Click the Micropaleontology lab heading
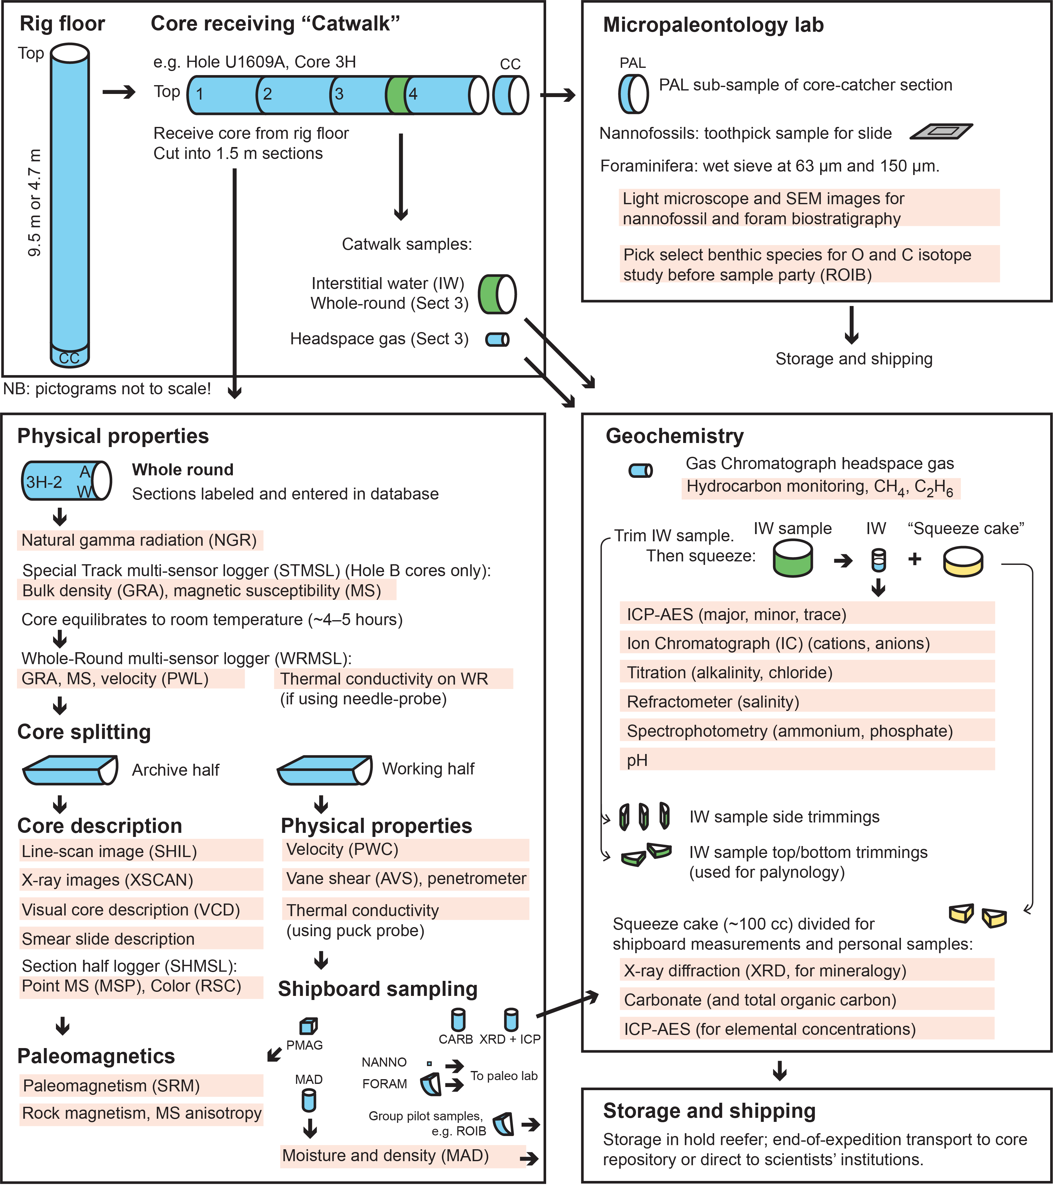pyautogui.click(x=713, y=25)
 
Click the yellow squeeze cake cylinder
pyautogui.click(x=963, y=561)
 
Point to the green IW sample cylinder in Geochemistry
pyautogui.click(x=793, y=558)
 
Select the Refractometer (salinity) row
pyautogui.click(x=807, y=702)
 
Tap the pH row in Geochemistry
pyautogui.click(x=807, y=760)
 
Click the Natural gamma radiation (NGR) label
pyautogui.click(x=140, y=540)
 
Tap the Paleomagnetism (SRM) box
pyautogui.click(x=141, y=1085)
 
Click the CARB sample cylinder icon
pyautogui.click(x=458, y=1020)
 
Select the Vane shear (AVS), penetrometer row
pyautogui.click(x=406, y=879)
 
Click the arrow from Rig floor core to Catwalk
pyautogui.click(x=119, y=92)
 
